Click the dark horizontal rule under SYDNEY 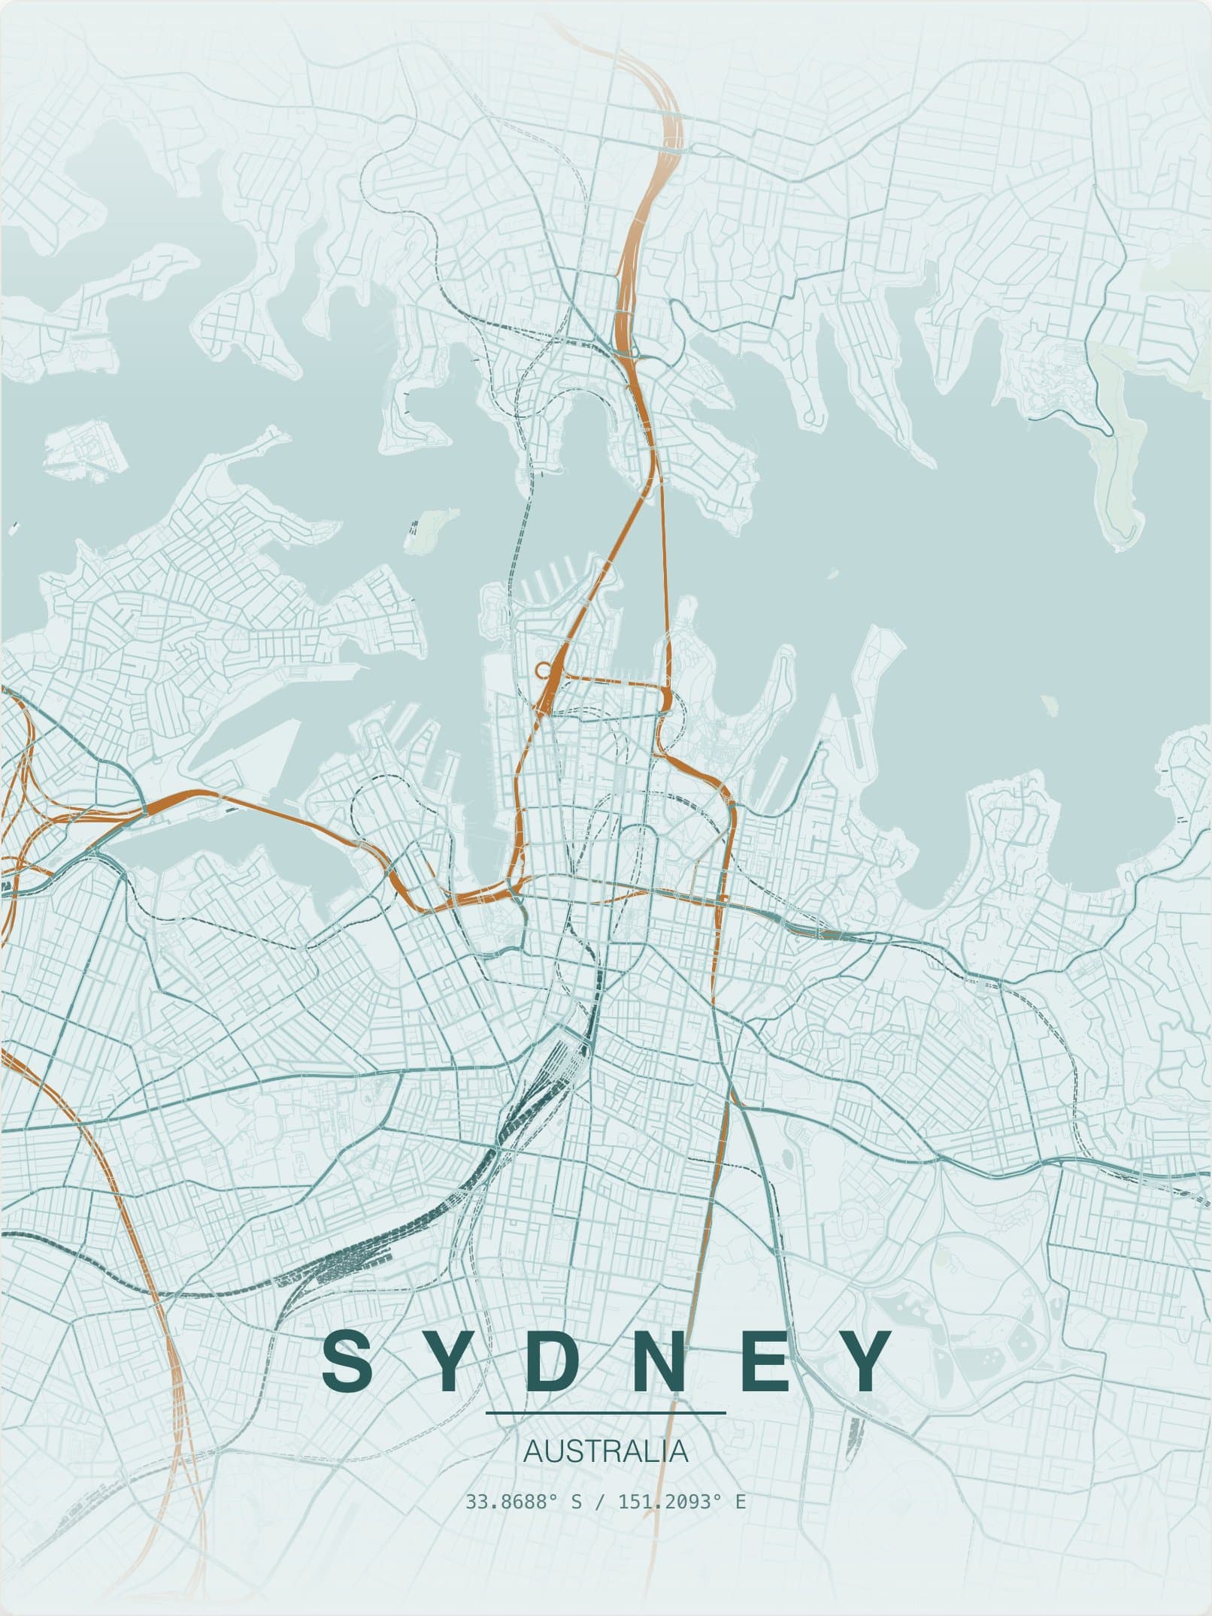pos(606,1413)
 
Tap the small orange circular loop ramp pos(542,667)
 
